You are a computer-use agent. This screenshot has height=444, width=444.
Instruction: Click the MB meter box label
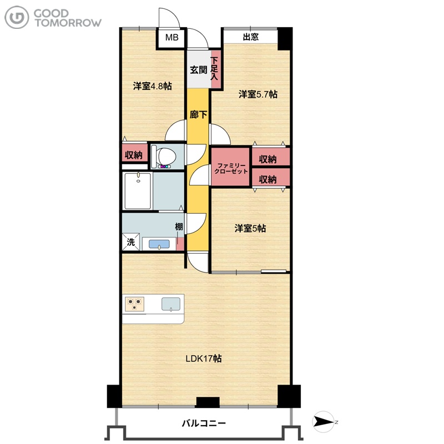[172, 37]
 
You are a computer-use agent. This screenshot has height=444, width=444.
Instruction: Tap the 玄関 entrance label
[199, 70]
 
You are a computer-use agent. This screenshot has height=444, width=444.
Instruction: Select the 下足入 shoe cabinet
[215, 69]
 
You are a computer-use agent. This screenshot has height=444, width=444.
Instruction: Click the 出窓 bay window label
[251, 37]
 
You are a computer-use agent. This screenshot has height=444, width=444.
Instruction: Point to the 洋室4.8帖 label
[152, 86]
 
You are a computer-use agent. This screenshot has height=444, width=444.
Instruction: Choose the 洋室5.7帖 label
[258, 94]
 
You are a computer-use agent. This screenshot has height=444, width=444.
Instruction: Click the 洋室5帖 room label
[250, 228]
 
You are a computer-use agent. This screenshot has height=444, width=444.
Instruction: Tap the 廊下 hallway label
[198, 115]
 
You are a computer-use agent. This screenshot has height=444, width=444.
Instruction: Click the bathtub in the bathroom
[138, 191]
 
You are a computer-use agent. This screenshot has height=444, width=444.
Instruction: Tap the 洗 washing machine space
[130, 242]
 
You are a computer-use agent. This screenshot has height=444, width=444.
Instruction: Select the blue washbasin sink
[159, 244]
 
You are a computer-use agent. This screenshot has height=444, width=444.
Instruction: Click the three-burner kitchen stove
[134, 304]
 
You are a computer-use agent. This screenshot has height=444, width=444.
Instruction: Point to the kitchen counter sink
[171, 304]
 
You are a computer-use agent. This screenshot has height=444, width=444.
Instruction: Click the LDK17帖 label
[204, 359]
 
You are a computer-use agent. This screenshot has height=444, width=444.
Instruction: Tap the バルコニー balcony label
[204, 423]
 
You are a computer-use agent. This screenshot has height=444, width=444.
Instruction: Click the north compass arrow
[324, 422]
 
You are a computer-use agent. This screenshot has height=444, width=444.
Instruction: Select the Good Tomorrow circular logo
[17, 18]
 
